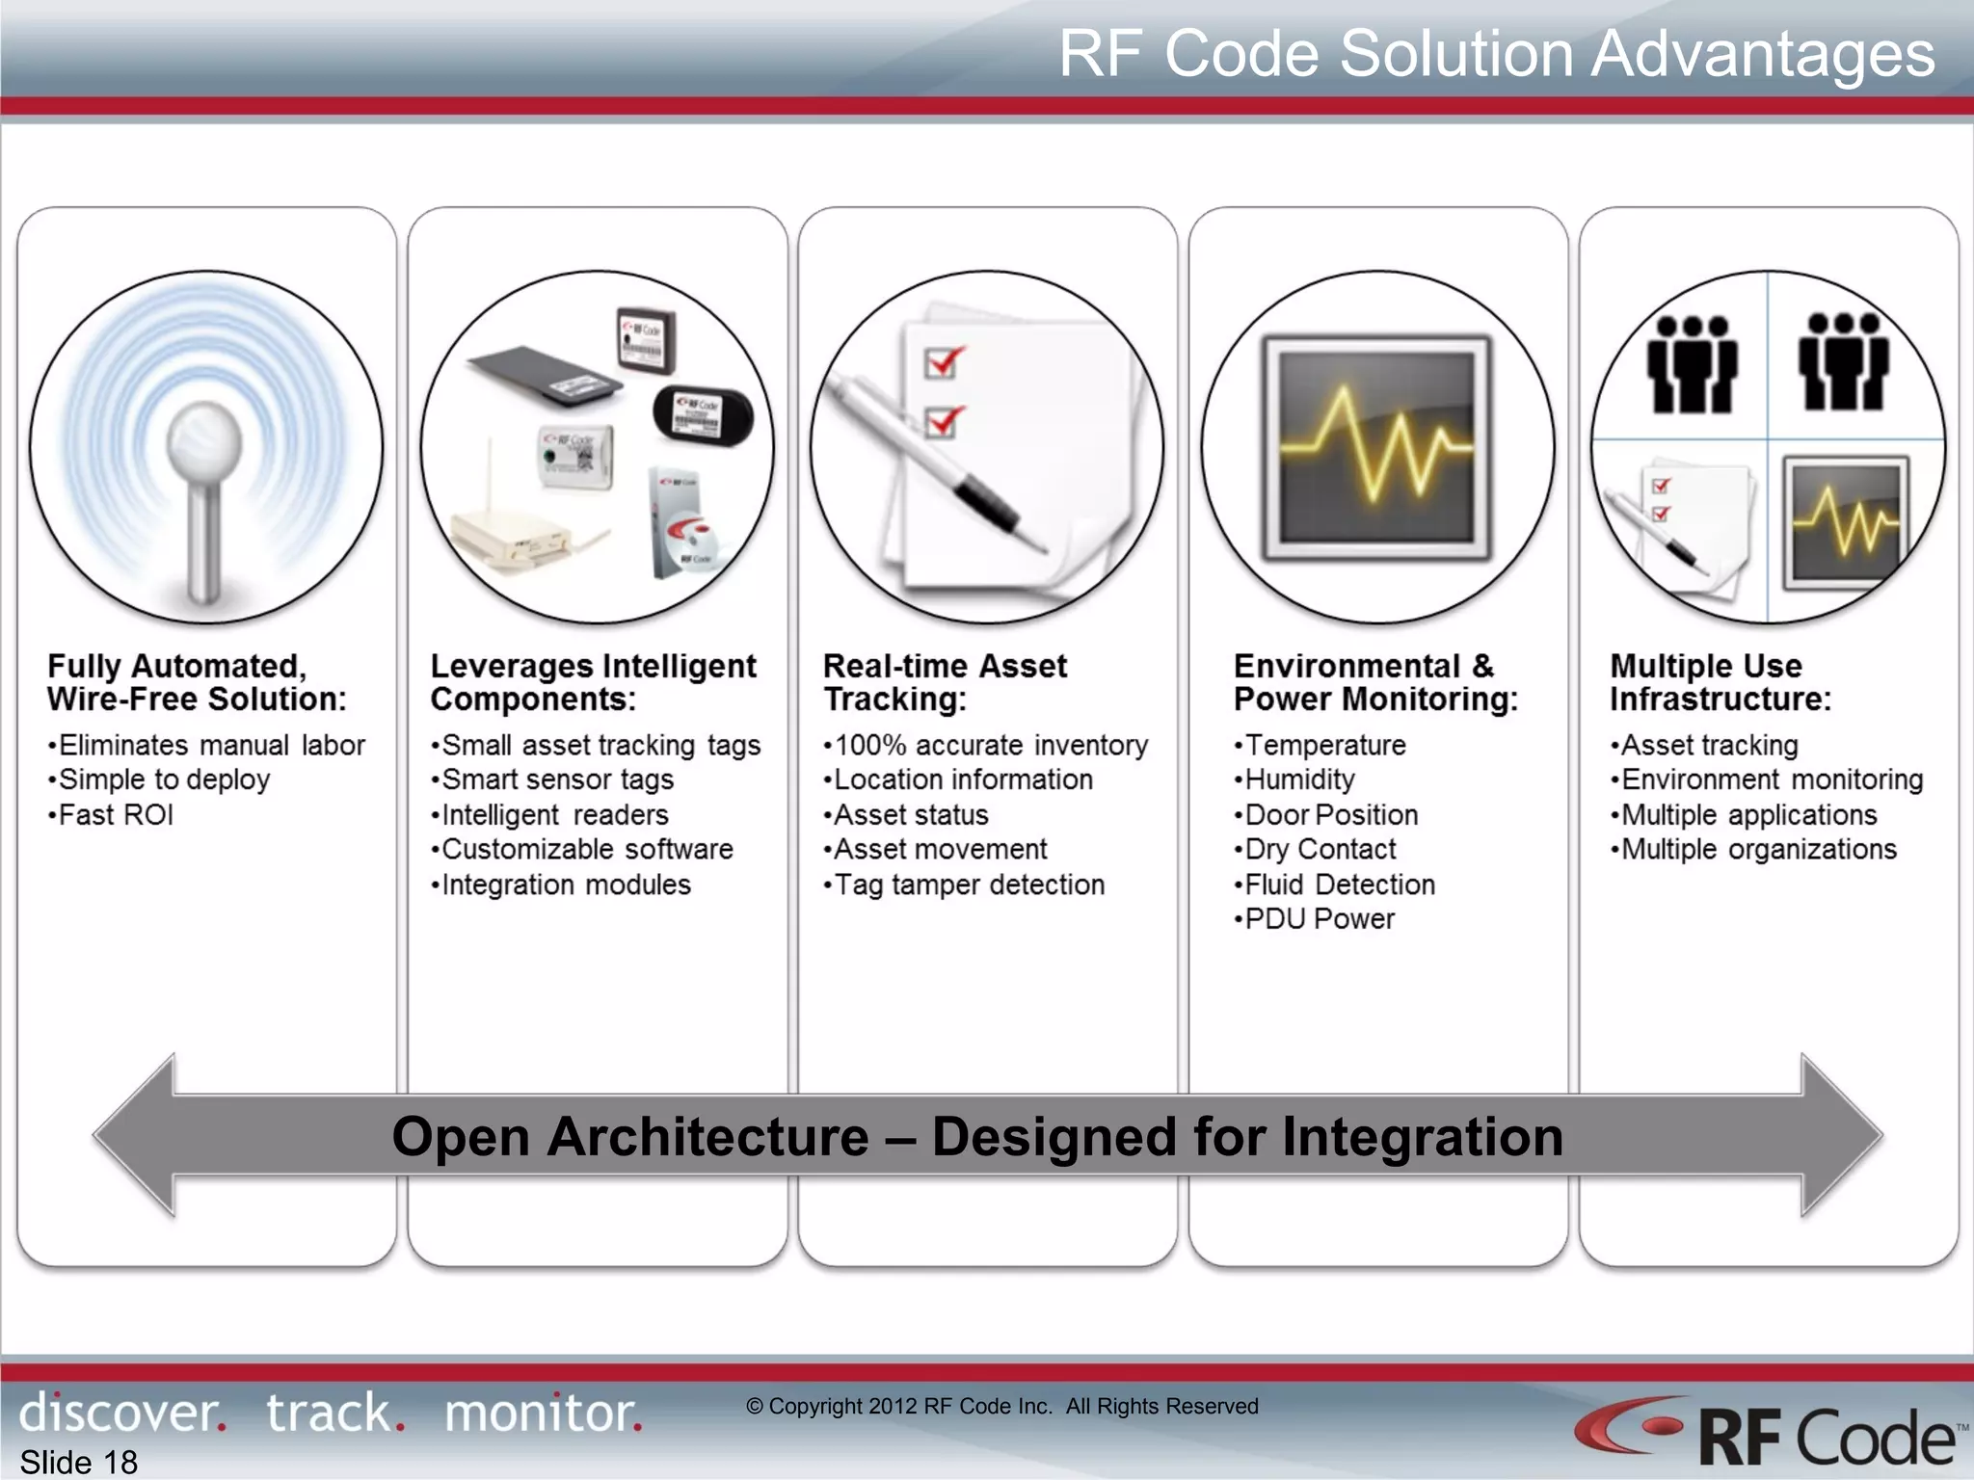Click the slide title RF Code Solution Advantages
(1496, 54)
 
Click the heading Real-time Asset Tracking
(945, 682)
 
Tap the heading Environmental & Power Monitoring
(1375, 682)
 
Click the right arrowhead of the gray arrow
(1841, 1135)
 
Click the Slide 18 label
(79, 1462)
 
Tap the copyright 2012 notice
(1002, 1406)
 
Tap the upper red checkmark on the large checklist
(942, 362)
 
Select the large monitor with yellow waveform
(1376, 448)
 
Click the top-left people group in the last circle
(1692, 364)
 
